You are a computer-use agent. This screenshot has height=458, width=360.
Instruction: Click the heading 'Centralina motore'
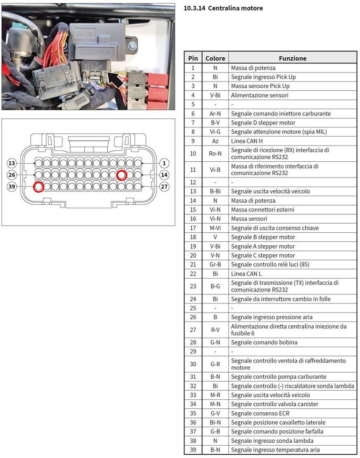pos(223,8)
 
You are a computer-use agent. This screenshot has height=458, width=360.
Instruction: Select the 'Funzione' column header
pos(292,58)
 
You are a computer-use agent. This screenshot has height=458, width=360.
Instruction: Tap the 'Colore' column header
pos(215,58)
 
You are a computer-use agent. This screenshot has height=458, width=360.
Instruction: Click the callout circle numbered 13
pos(12,163)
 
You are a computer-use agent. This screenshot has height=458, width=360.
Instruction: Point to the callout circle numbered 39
pos(12,186)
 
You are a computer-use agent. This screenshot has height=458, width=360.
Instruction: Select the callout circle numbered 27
pos(164,186)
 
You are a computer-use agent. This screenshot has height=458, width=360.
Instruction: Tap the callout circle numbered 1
pos(164,163)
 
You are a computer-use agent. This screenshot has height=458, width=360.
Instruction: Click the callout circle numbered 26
pos(12,175)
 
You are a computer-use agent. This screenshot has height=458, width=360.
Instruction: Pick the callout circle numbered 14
pos(164,175)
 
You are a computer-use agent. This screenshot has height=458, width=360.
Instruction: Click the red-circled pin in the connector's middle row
pos(122,175)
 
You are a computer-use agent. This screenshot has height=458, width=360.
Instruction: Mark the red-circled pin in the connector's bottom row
pos(39,187)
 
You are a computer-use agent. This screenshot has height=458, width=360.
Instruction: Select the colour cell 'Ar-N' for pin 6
pos(215,114)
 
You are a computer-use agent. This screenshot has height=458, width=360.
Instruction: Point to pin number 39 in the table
pos(193,450)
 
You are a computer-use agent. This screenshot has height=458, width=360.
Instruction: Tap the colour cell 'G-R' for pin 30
pos(215,364)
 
